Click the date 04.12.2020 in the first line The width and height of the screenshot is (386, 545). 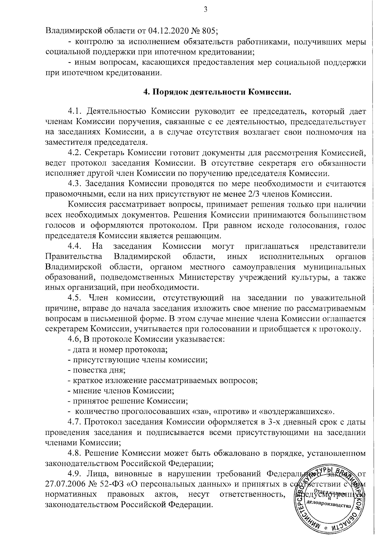click(x=169, y=31)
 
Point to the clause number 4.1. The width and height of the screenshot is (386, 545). click(x=76, y=111)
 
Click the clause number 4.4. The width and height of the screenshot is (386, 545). click(x=76, y=247)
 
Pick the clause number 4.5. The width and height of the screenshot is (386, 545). click(x=76, y=297)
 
